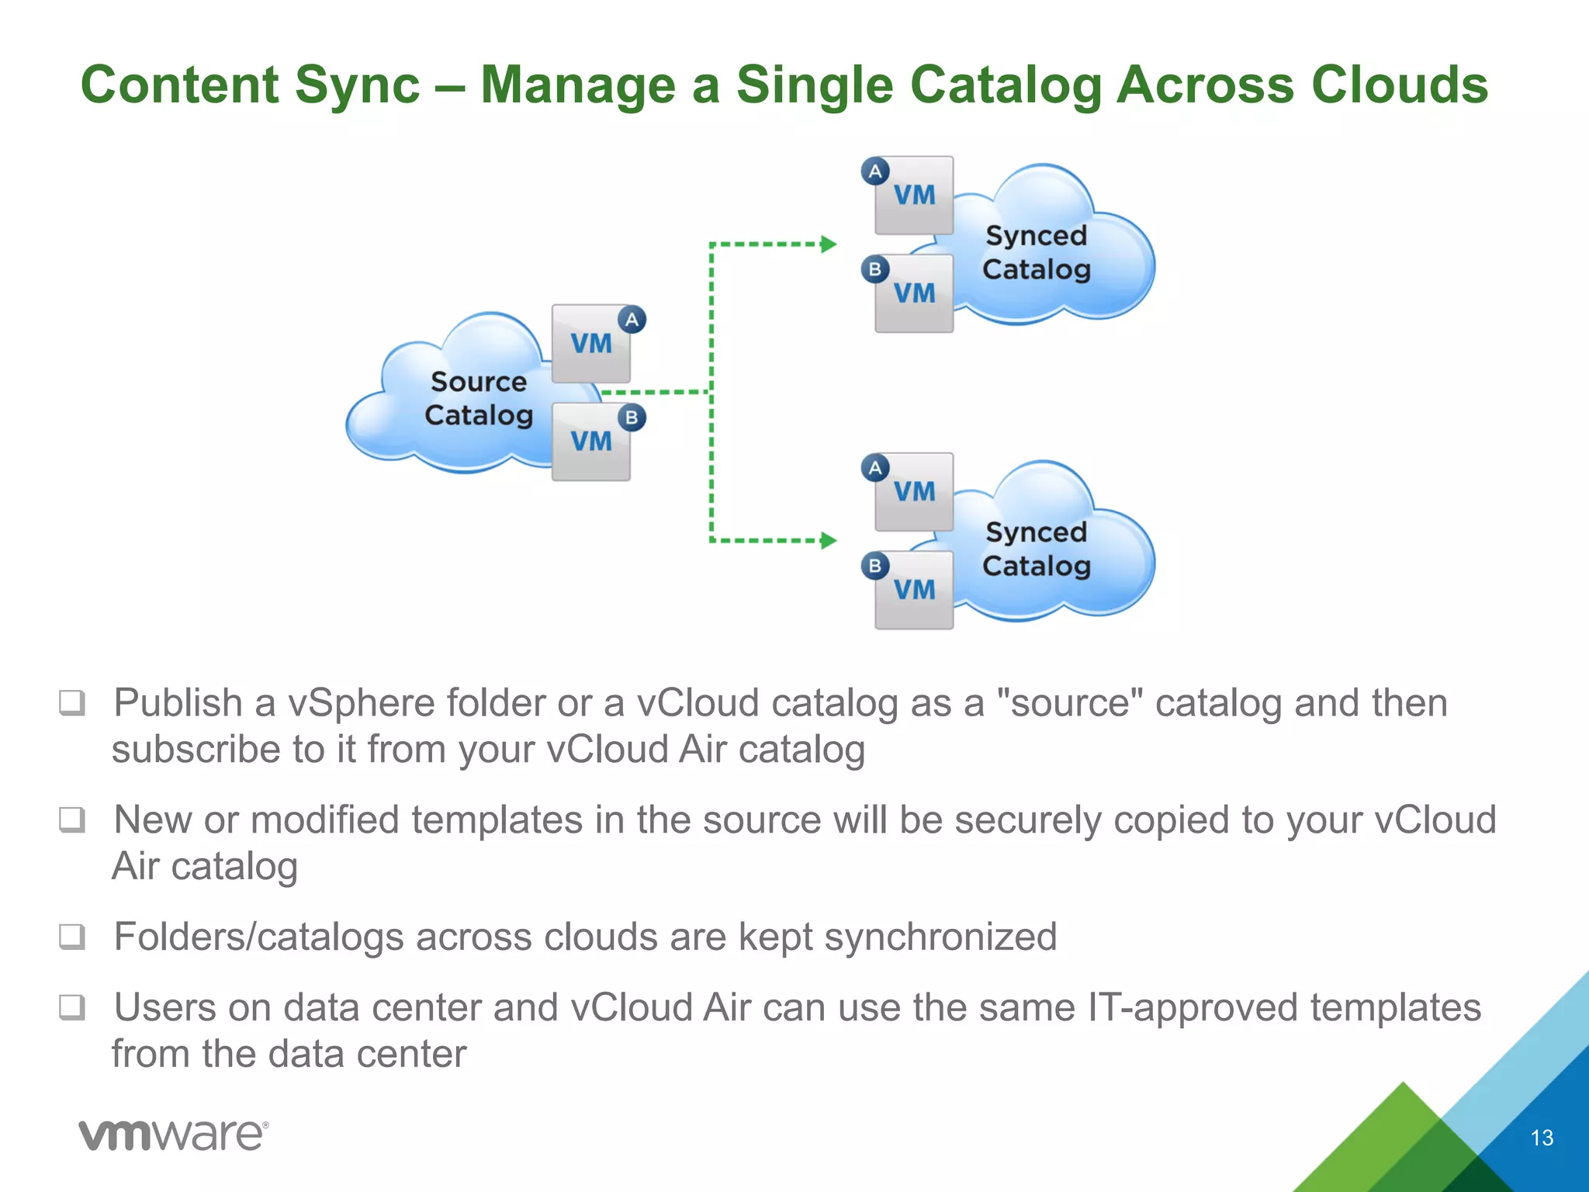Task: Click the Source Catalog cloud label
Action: [x=478, y=398]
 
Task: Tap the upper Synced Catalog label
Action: [x=1036, y=252]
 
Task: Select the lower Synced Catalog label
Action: [x=1036, y=549]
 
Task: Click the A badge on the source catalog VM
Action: [x=632, y=319]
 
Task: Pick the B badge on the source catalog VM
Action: [x=632, y=418]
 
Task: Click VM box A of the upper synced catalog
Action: [x=914, y=196]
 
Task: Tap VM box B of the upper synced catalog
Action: [x=914, y=293]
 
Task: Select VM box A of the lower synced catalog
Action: [x=914, y=492]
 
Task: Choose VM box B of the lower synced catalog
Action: [x=914, y=590]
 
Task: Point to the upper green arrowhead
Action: [x=829, y=244]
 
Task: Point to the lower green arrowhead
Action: [x=829, y=540]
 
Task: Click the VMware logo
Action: [x=173, y=1135]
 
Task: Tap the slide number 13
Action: [x=1542, y=1138]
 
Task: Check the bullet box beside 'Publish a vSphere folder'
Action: [x=72, y=703]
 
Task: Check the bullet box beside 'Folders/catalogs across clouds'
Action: [x=72, y=937]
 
